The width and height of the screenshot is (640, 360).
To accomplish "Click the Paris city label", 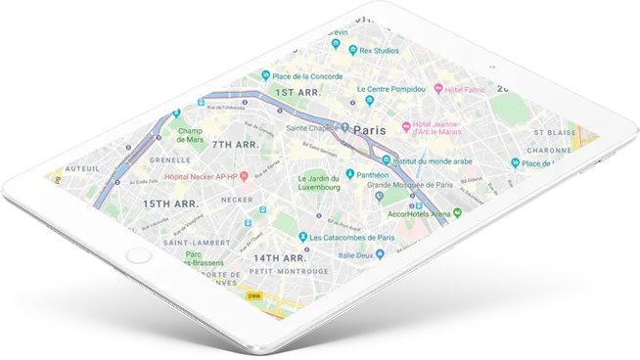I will pyautogui.click(x=369, y=130).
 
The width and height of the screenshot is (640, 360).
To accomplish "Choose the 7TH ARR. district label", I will pyautogui.click(x=235, y=145).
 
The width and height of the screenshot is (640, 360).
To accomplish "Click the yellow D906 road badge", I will pyautogui.click(x=253, y=294).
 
